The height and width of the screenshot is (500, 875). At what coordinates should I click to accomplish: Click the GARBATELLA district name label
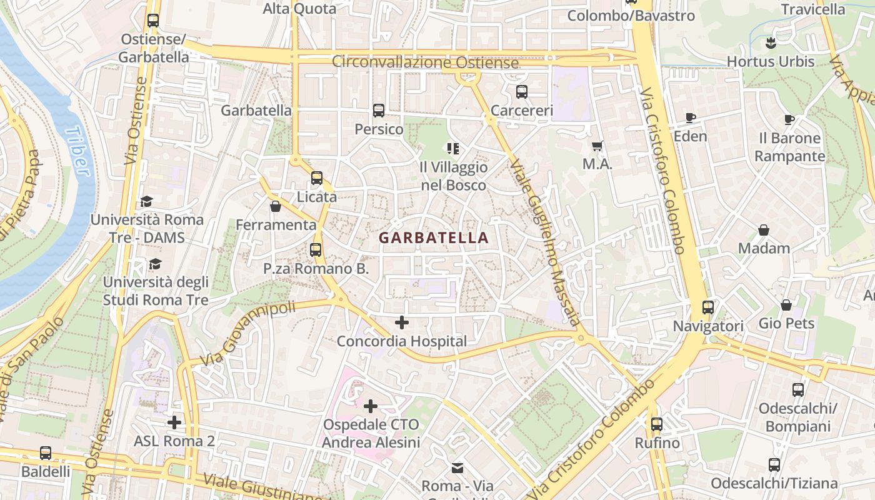[433, 238]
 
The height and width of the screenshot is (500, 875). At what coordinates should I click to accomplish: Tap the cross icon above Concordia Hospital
[402, 323]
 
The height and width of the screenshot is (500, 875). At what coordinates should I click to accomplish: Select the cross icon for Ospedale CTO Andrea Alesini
[371, 406]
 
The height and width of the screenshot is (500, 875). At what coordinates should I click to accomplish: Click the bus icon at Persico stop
[378, 111]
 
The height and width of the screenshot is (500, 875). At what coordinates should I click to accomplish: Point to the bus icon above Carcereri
[522, 92]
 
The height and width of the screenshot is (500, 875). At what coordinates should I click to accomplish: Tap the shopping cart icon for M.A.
[597, 146]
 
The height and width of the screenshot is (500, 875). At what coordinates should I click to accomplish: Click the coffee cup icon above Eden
[691, 117]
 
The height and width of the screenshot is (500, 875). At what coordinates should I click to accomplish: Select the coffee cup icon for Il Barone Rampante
[789, 119]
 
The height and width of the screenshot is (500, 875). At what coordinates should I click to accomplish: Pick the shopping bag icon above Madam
[763, 230]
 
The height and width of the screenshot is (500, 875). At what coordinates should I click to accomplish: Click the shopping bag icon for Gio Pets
[786, 305]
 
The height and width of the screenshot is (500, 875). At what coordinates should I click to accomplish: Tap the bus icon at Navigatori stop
[707, 307]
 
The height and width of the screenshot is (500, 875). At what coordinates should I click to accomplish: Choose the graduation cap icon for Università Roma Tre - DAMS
[146, 201]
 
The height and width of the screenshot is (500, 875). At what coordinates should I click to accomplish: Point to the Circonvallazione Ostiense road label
[425, 62]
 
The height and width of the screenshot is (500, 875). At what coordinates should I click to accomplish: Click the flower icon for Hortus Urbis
[770, 43]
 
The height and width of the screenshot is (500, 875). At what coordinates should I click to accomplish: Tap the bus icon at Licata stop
[317, 178]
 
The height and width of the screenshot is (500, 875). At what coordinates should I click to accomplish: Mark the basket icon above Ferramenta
[276, 206]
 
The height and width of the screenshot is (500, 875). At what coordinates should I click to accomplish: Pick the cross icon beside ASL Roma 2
[174, 422]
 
